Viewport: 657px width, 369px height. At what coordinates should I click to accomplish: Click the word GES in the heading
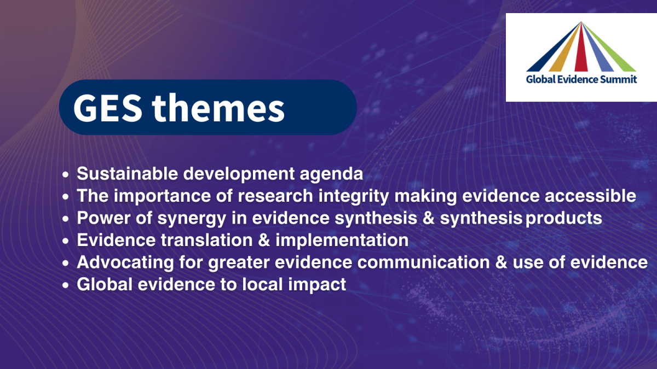(x=108, y=108)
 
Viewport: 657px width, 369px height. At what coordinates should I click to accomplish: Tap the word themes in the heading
(x=218, y=107)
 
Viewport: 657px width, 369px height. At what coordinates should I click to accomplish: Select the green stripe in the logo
(x=610, y=48)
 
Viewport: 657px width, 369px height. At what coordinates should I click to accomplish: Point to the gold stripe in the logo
(x=566, y=48)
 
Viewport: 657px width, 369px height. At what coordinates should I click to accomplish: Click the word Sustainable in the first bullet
(x=128, y=173)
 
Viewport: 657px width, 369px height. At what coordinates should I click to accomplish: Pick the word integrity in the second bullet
(x=354, y=196)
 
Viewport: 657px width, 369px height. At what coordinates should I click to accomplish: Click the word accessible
(x=590, y=195)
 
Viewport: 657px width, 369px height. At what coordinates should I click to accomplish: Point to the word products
(x=564, y=219)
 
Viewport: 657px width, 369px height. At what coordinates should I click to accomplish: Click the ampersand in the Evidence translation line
(x=264, y=240)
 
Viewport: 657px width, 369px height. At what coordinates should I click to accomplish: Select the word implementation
(x=342, y=241)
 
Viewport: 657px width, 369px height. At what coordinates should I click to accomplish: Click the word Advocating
(x=125, y=263)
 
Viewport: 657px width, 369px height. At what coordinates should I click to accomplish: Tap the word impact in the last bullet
(x=317, y=285)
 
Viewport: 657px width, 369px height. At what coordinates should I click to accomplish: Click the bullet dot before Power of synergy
(x=65, y=219)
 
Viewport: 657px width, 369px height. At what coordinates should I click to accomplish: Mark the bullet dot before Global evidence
(x=65, y=285)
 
